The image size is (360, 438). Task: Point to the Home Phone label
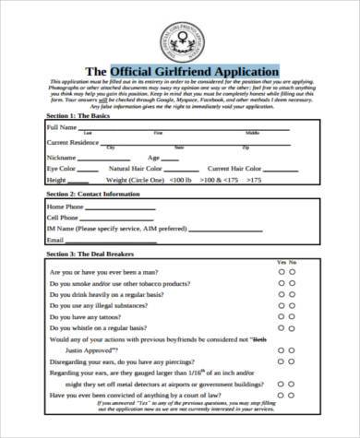click(x=66, y=207)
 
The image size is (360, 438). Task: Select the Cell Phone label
click(x=63, y=219)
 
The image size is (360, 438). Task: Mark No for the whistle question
click(x=294, y=327)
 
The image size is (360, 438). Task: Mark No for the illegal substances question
click(x=294, y=301)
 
